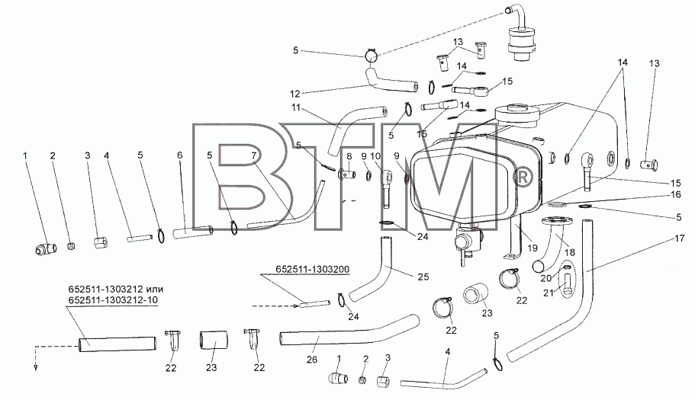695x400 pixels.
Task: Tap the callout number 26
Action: [x=312, y=360]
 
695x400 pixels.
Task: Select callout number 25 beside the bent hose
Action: [x=423, y=277]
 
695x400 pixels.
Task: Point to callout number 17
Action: [x=680, y=238]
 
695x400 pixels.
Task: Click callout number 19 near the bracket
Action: [x=533, y=248]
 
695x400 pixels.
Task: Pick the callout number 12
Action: [x=295, y=94]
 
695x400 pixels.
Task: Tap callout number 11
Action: [x=296, y=107]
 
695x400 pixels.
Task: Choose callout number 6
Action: [x=179, y=155]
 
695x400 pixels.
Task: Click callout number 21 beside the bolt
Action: [x=549, y=293]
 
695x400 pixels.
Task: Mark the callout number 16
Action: [x=675, y=195]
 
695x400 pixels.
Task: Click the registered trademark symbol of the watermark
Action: [x=522, y=178]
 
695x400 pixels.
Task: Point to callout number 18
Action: [x=570, y=252]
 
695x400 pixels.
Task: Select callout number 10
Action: [x=375, y=155]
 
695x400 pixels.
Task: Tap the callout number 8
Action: [x=349, y=155]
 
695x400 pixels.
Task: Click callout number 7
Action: [x=253, y=155]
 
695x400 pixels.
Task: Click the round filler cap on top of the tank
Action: [x=516, y=115]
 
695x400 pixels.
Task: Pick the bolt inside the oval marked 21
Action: [x=568, y=282]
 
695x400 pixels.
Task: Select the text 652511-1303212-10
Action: [x=113, y=300]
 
